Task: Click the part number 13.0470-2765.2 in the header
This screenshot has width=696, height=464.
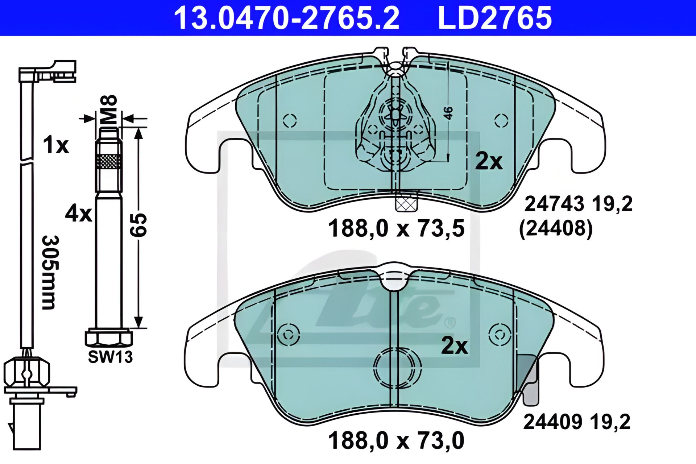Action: tap(287, 18)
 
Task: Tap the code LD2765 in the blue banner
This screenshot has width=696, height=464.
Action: tap(495, 18)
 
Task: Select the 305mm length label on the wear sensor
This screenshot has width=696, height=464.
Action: tap(49, 272)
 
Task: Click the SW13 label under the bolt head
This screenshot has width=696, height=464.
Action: tap(111, 357)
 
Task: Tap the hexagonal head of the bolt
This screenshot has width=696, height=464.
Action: tap(109, 338)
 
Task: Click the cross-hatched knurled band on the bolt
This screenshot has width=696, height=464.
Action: tap(109, 161)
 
